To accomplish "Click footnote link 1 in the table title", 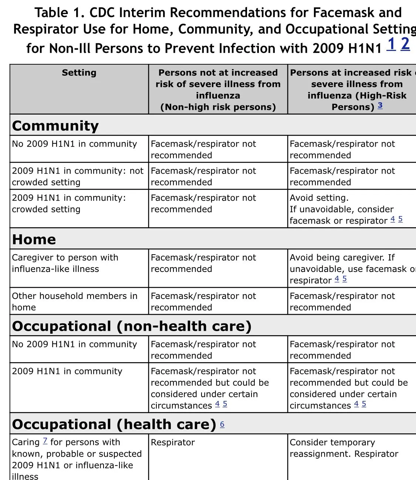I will pyautogui.click(x=391, y=45).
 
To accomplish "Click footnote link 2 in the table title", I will pyautogui.click(x=405, y=44).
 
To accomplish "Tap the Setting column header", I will pyautogui.click(x=79, y=73).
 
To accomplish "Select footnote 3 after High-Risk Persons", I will pyautogui.click(x=380, y=106).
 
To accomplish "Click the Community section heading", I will pyautogui.click(x=55, y=126).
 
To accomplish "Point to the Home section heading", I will pyautogui.click(x=34, y=239).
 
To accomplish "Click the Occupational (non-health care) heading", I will pyautogui.click(x=132, y=326).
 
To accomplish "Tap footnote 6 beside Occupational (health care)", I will pyautogui.click(x=222, y=424).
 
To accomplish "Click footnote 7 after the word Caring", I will pyautogui.click(x=45, y=441).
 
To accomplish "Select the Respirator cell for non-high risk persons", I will pyautogui.click(x=173, y=442).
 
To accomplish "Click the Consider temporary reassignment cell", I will pyautogui.click(x=344, y=448).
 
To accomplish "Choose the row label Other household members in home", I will pyautogui.click(x=74, y=302).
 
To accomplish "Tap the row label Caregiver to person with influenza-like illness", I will pyautogui.click(x=65, y=263).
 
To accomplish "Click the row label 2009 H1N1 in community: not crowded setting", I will pyautogui.click(x=77, y=177).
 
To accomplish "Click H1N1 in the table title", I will pyautogui.click(x=363, y=48).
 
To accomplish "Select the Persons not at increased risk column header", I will pyautogui.click(x=218, y=90).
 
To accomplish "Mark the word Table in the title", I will pyautogui.click(x=51, y=13).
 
